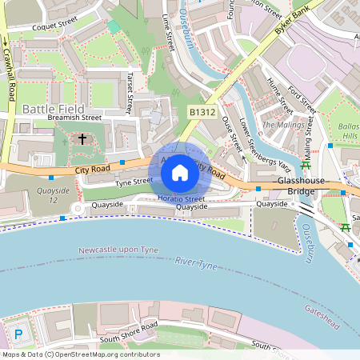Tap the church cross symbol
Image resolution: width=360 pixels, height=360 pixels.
click(82, 140)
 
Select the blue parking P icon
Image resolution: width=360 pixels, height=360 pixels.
click(19, 334)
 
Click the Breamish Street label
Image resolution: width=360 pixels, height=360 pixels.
click(74, 117)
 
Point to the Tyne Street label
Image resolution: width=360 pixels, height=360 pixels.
click(134, 182)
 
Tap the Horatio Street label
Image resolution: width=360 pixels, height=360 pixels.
click(181, 198)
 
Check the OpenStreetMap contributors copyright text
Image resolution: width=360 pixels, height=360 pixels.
click(80, 354)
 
